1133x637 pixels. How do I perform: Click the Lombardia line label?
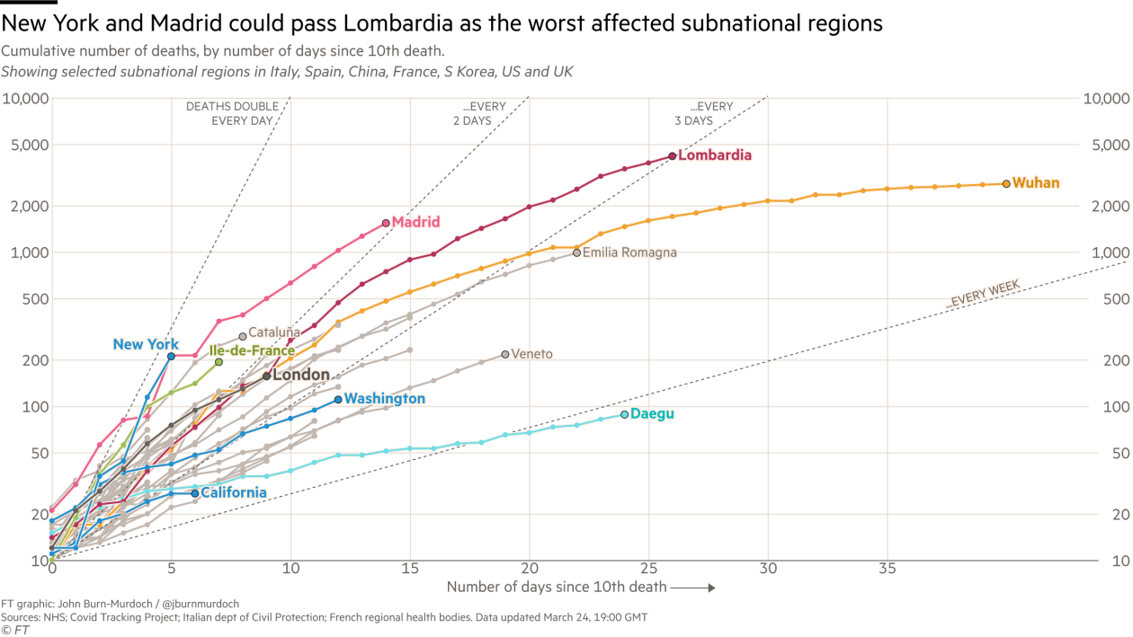[x=715, y=155]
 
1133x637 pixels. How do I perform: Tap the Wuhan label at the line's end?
[x=1036, y=183]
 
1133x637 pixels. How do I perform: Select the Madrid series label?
[x=416, y=222]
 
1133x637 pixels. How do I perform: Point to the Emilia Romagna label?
[x=629, y=253]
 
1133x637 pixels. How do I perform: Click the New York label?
[x=147, y=344]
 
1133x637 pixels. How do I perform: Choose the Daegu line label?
[x=652, y=414]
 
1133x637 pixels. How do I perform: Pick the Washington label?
[x=385, y=398]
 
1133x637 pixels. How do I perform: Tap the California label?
[x=233, y=492]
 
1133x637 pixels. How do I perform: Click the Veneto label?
[x=531, y=354]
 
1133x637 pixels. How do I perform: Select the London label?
[x=301, y=375]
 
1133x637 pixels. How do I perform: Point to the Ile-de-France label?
[x=252, y=351]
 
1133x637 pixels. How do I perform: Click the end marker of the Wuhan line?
[x=1006, y=183]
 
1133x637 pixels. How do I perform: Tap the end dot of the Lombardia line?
[x=672, y=156]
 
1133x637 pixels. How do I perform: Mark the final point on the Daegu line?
[x=624, y=414]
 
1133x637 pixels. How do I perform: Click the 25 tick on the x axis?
[x=648, y=569]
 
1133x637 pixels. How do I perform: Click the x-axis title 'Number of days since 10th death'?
[x=557, y=588]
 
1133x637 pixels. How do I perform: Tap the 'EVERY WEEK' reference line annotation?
[x=983, y=295]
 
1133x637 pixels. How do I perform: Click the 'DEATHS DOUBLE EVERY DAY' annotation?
[x=231, y=112]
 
